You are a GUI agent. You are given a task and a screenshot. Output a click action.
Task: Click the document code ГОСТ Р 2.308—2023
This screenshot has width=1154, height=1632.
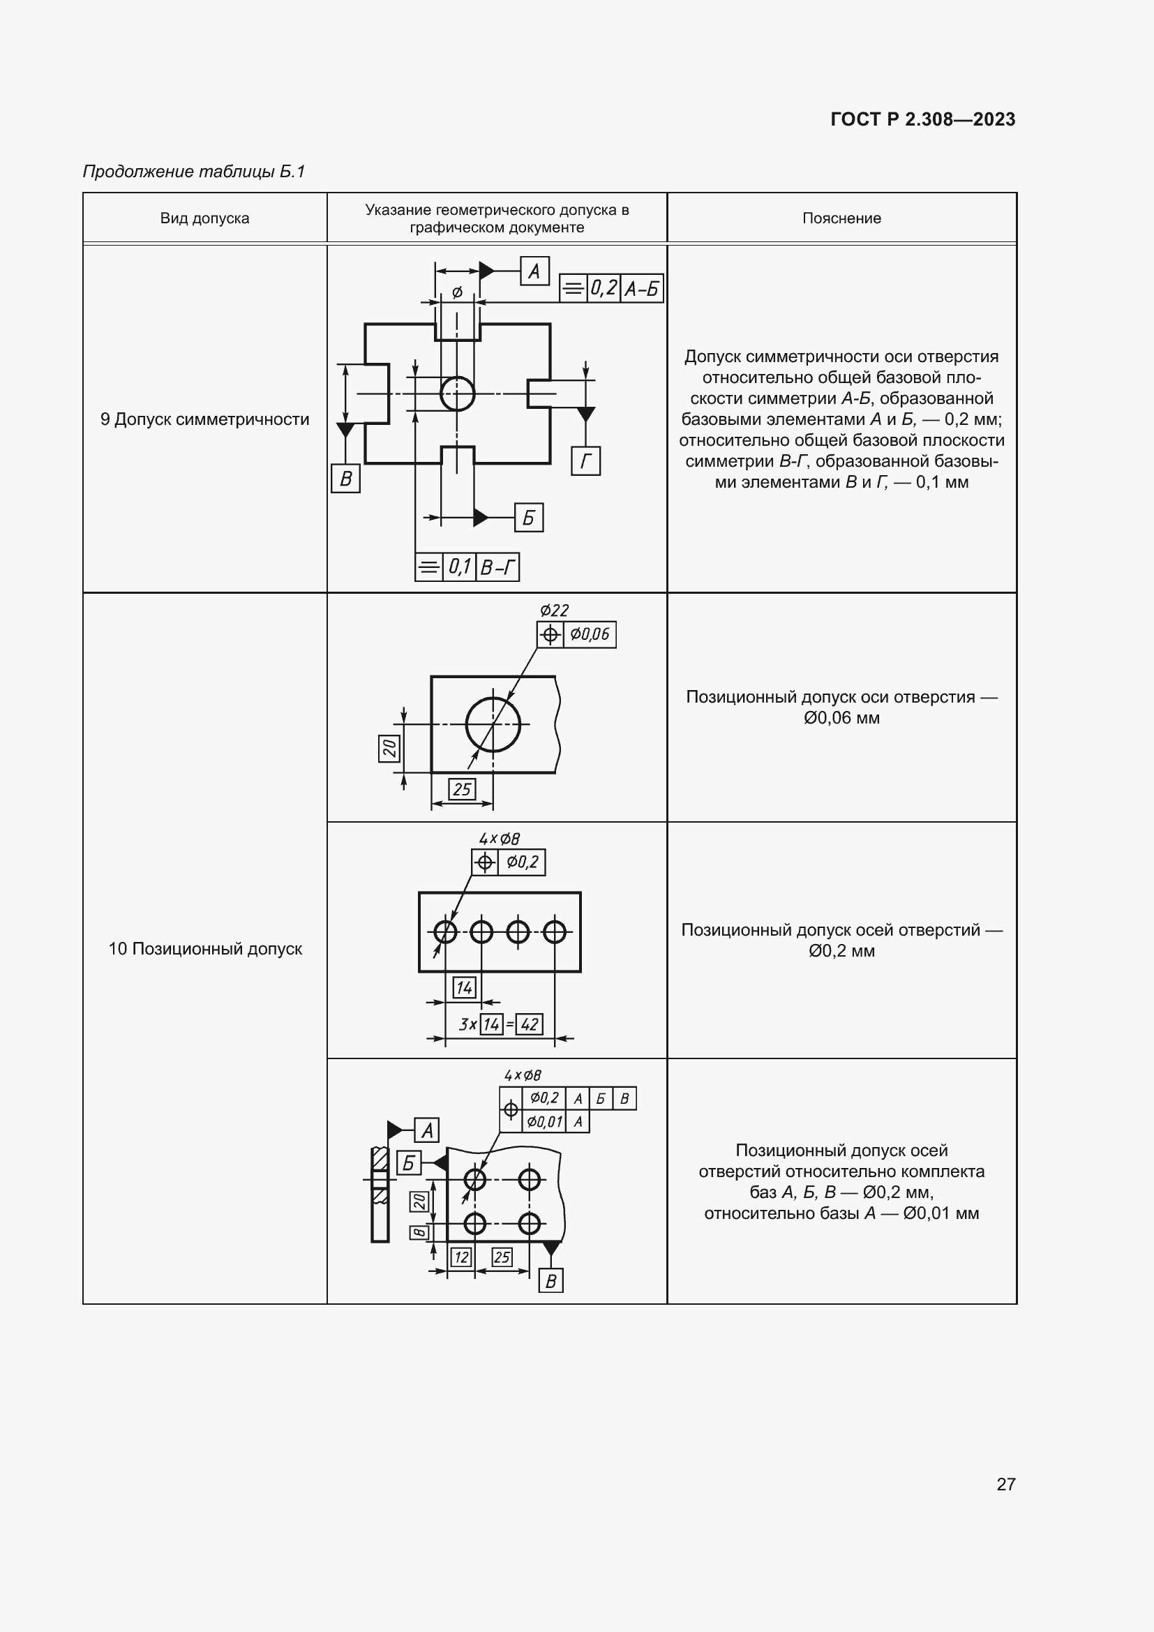click(922, 119)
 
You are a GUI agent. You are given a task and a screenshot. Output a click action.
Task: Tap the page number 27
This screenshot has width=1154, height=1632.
click(1005, 1483)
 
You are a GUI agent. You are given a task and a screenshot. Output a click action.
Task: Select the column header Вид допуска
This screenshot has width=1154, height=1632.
click(204, 218)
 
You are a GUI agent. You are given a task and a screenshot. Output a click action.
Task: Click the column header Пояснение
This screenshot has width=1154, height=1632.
click(841, 218)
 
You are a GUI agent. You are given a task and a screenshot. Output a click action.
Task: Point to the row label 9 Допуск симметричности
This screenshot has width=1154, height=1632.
click(204, 419)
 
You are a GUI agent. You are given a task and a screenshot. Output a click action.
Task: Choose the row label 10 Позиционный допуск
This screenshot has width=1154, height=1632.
click(204, 949)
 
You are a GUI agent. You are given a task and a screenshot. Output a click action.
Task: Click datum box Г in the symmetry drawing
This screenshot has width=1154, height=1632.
click(585, 461)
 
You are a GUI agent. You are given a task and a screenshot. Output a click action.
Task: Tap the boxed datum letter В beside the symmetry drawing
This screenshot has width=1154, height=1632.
click(346, 479)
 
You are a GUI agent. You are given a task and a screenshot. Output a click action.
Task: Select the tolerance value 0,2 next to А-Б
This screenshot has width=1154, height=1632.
click(604, 289)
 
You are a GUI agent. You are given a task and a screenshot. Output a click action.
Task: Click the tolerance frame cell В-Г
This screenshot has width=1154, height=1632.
click(497, 567)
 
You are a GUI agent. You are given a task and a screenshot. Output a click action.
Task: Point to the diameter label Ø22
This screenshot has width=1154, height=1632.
click(554, 611)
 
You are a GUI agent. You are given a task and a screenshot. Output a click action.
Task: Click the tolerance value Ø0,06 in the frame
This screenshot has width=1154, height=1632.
click(590, 635)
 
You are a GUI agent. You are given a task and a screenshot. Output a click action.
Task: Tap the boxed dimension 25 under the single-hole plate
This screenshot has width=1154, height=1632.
click(462, 789)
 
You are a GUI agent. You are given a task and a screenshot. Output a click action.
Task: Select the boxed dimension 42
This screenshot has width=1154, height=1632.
click(530, 1024)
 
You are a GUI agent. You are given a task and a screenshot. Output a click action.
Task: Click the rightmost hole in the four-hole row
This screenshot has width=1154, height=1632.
click(554, 931)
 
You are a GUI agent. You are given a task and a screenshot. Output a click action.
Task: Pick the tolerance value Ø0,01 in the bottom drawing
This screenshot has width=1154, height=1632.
click(545, 1123)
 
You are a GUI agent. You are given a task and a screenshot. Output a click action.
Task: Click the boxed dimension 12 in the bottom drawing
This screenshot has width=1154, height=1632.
click(462, 1257)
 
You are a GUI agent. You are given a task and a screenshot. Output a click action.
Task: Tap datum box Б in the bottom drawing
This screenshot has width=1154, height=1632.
click(409, 1163)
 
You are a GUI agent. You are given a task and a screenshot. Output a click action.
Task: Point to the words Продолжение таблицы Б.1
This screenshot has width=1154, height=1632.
click(193, 172)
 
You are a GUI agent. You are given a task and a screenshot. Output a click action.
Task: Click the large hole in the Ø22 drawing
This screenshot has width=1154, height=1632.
click(493, 725)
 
